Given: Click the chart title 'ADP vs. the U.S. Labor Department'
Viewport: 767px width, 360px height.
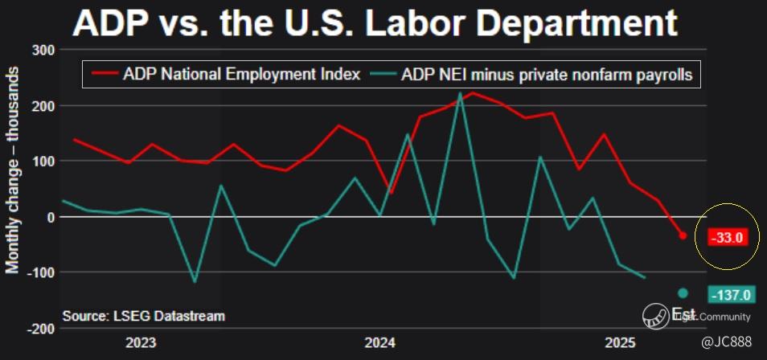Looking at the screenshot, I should coord(374,23).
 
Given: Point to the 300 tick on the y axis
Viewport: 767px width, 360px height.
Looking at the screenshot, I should coord(41,51).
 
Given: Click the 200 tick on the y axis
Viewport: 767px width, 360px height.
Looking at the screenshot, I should coord(41,106).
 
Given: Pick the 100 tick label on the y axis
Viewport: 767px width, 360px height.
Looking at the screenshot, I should coord(41,162).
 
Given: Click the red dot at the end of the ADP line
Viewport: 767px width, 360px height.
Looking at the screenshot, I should coord(683,235).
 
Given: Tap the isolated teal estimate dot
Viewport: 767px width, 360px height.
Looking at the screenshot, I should coord(683,293).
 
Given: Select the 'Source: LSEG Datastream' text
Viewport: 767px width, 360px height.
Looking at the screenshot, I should coord(143,316).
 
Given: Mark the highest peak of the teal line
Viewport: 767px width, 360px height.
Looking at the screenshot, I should coord(460,93).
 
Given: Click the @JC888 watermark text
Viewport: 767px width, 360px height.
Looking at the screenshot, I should coord(726,343).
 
